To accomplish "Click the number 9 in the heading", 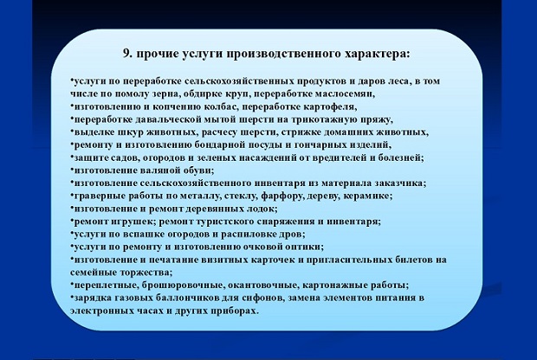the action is (x=126, y=54).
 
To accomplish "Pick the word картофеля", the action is (x=329, y=106).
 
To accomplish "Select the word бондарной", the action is (x=218, y=145).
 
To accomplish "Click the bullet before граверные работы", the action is (x=72, y=195).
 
